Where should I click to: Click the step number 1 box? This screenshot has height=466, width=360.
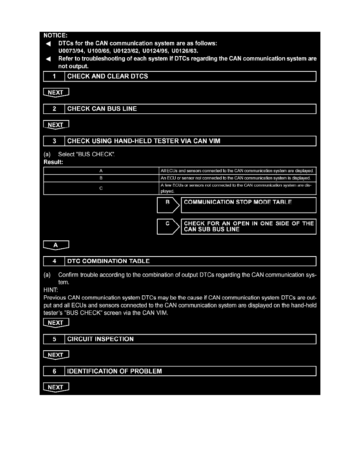54,76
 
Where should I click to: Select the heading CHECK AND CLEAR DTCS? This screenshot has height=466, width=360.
107,76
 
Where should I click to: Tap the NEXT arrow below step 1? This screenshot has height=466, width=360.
56,93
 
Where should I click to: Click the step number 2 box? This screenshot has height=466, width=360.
54,109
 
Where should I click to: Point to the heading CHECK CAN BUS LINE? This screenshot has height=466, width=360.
102,109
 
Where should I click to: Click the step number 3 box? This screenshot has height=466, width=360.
54,141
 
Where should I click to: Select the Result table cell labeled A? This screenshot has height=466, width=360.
101,171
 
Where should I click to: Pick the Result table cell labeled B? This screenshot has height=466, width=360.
101,178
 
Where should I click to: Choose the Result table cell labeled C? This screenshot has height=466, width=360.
101,188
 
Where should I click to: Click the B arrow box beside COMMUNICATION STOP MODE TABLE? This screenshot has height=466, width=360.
168,205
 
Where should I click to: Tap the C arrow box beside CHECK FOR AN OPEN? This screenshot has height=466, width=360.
168,227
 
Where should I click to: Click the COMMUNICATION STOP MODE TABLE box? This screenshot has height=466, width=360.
248,205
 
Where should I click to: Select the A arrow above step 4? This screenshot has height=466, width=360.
56,245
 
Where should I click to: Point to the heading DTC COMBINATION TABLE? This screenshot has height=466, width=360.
108,261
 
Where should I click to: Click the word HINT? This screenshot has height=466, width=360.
50,290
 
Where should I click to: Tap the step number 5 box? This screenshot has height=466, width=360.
54,339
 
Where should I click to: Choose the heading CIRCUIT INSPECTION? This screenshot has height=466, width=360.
100,339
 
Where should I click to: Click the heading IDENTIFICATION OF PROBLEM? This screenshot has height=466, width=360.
115,371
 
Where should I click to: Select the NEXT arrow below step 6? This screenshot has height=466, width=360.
56,387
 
